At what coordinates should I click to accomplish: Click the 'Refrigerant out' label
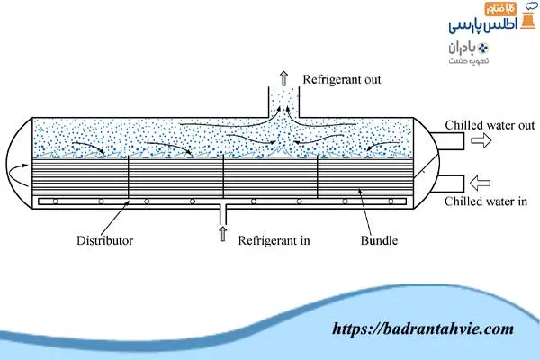click(x=342, y=79)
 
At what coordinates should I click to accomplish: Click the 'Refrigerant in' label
click(x=275, y=241)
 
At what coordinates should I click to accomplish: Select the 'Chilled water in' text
click(x=485, y=202)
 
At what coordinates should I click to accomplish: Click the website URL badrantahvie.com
click(x=423, y=329)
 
